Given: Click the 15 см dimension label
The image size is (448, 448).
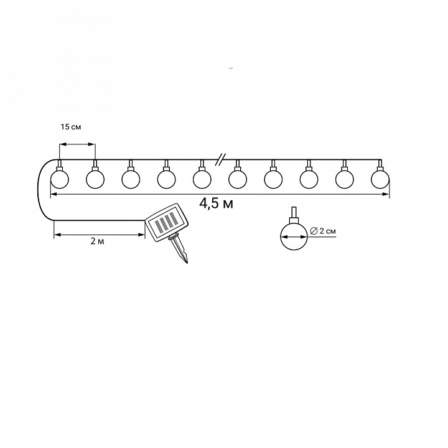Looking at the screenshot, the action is pyautogui.click(x=70, y=126).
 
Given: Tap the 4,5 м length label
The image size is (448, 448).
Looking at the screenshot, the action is pyautogui.click(x=217, y=203).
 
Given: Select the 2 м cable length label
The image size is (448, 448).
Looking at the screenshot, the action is pyautogui.click(x=98, y=241).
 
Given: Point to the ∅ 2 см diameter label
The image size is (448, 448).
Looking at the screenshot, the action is pyautogui.click(x=323, y=231).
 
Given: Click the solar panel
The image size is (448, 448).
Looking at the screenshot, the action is pyautogui.click(x=167, y=223).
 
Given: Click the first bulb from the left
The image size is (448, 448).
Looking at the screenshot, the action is pyautogui.click(x=60, y=179).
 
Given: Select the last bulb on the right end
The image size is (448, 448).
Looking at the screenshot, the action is pyautogui.click(x=380, y=179).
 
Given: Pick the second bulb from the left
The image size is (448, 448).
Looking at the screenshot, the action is pyautogui.click(x=95, y=179).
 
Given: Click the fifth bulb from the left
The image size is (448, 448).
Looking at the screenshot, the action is pyautogui.click(x=202, y=179).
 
